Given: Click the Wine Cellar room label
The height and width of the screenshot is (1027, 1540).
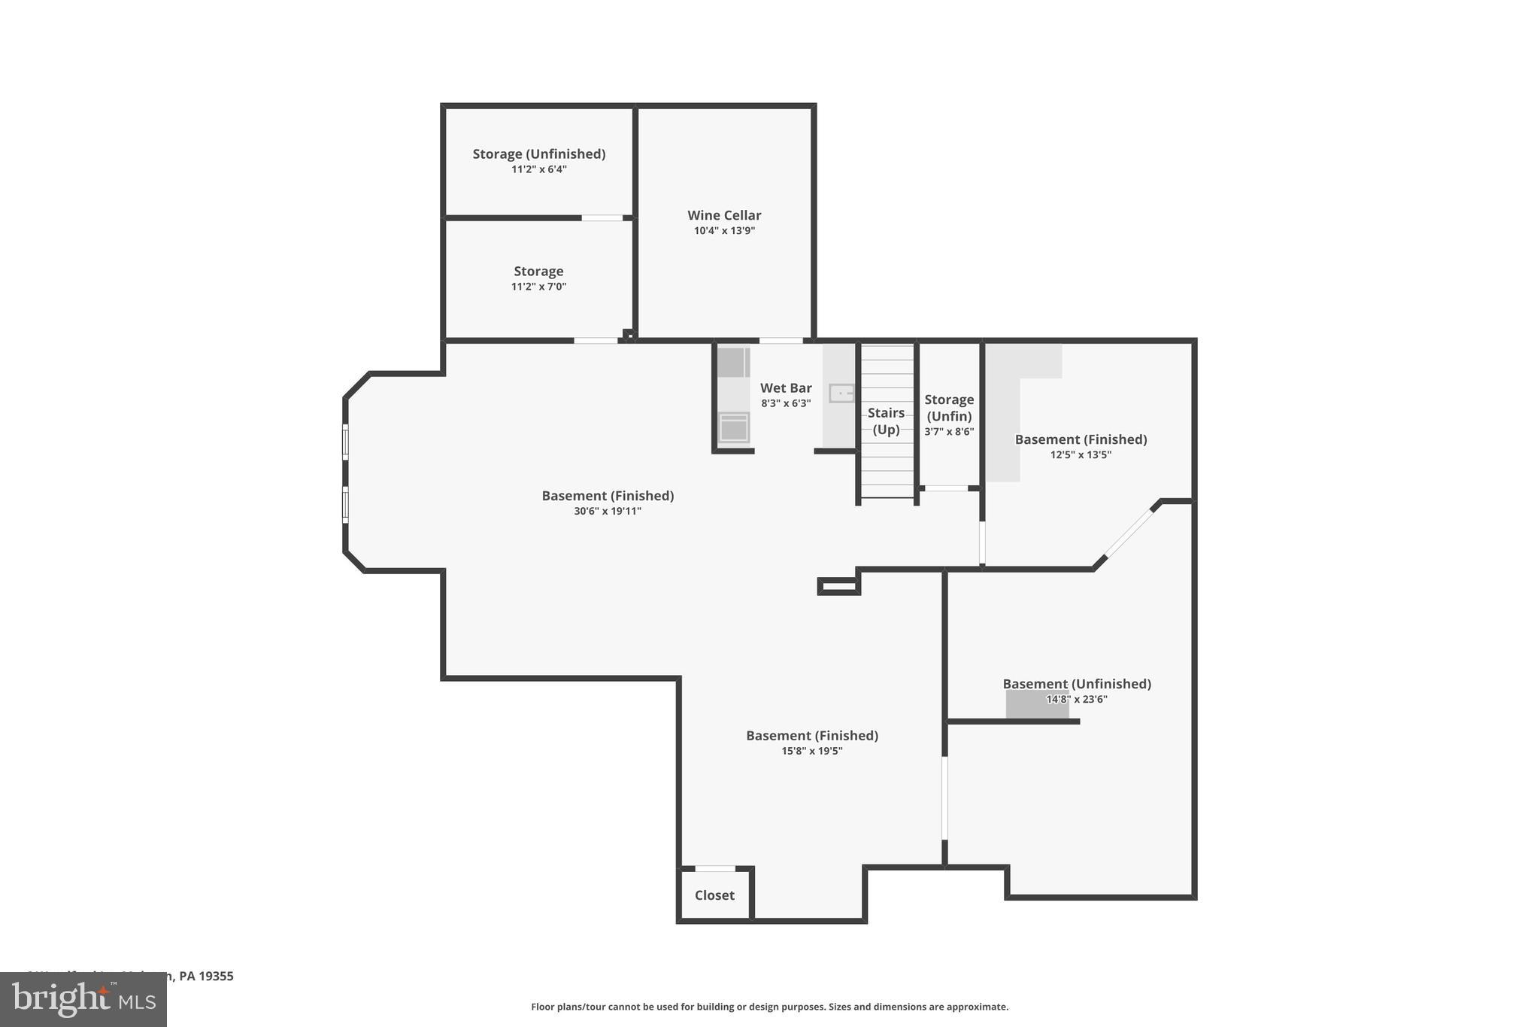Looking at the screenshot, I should point(724,215).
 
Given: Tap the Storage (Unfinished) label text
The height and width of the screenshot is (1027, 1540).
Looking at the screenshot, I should point(538,153).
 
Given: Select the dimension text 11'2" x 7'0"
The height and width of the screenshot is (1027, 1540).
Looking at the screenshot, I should point(538,287).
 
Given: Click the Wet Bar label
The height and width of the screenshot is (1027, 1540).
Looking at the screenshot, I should point(786,388).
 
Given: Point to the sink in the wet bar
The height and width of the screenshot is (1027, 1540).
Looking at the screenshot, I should point(841,393).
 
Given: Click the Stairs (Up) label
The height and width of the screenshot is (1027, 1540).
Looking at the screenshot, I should point(886,421).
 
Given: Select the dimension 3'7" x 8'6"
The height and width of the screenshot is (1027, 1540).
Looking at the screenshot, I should point(949,432).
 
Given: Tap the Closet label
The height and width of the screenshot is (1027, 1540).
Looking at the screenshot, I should point(714,895).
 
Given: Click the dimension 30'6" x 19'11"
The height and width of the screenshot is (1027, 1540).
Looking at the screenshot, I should point(608,512).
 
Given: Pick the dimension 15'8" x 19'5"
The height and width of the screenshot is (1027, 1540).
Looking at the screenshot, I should point(812,751).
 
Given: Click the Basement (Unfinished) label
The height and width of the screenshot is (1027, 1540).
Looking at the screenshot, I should point(1077,684).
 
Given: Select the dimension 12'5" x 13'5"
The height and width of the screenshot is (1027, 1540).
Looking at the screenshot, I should point(1081,455).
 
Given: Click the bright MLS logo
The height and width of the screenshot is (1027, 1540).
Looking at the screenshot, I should point(83,999).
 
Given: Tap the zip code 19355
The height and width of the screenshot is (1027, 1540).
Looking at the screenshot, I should point(217,977).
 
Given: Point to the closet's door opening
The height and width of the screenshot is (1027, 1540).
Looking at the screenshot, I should point(714,869).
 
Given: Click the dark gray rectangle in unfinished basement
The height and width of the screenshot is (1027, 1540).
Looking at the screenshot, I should point(1037,705).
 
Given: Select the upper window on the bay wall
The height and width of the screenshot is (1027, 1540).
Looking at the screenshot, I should point(345,442).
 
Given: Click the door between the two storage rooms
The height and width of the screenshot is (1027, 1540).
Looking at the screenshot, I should point(602,218).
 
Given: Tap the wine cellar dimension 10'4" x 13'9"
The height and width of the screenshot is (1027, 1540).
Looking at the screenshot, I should point(724,231).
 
